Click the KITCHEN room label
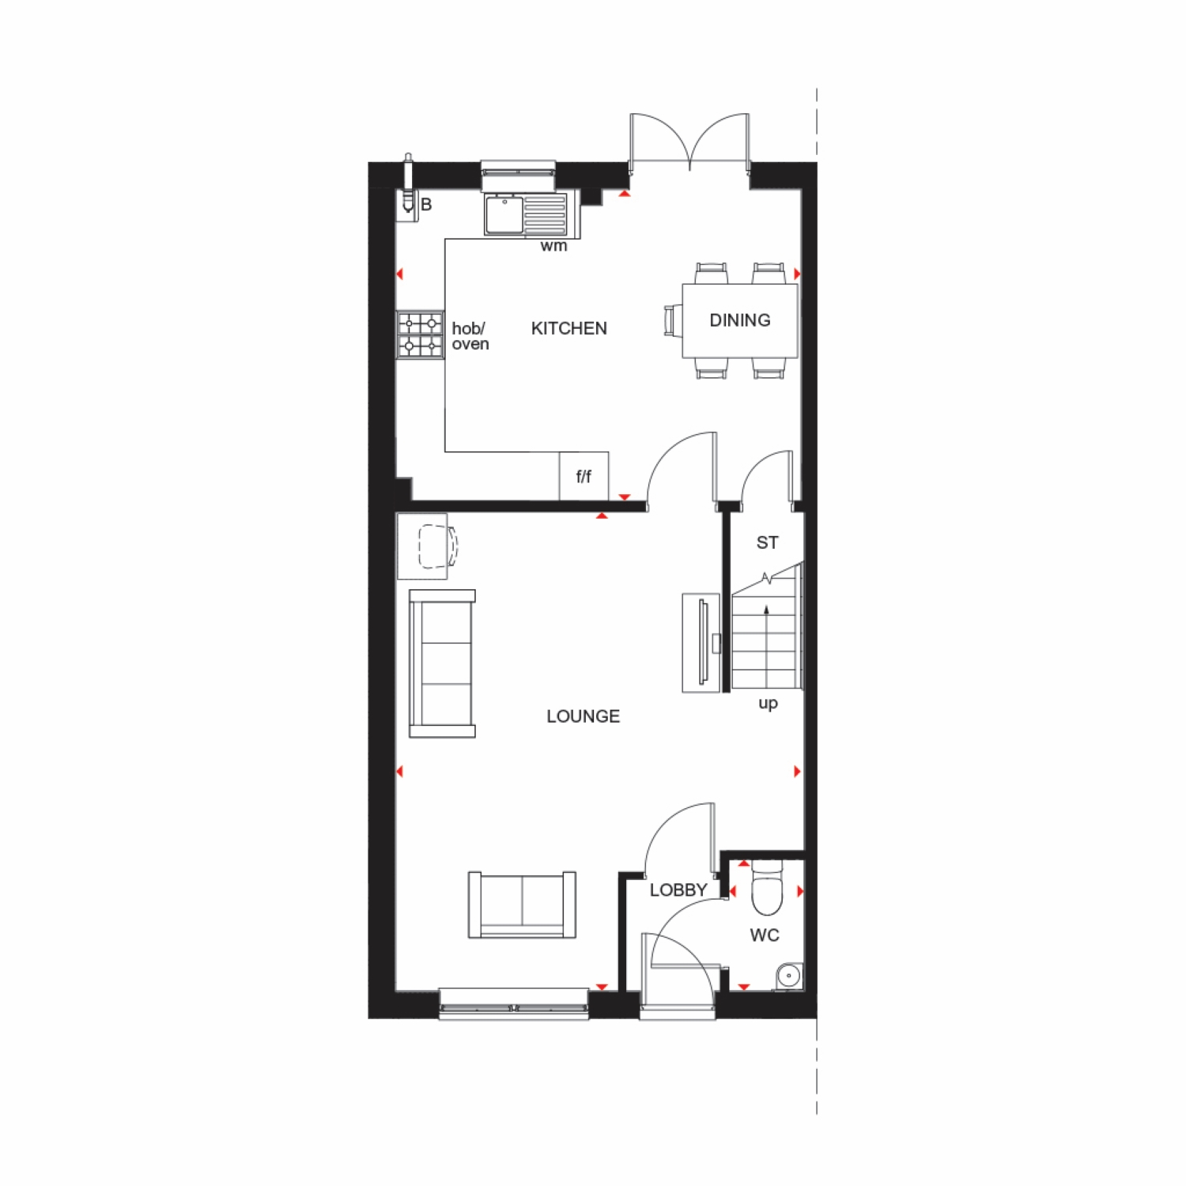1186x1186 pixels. point(569,328)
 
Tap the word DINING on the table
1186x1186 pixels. point(740,320)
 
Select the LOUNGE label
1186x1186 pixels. point(584,716)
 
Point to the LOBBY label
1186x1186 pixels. point(678,890)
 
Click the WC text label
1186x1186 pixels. point(765,935)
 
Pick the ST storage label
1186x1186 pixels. point(767,542)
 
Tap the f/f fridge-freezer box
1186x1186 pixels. point(584,476)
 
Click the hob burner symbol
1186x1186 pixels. point(420,334)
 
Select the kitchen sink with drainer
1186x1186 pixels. point(527,215)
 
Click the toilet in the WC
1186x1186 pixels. point(766,887)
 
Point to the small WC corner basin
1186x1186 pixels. point(789,976)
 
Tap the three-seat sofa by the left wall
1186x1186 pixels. point(442,663)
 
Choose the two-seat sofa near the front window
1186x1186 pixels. point(522,905)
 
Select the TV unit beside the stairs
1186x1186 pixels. point(701,643)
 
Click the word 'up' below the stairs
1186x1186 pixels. point(768,704)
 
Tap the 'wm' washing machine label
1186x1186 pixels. point(553,246)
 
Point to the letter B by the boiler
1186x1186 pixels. point(426,205)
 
